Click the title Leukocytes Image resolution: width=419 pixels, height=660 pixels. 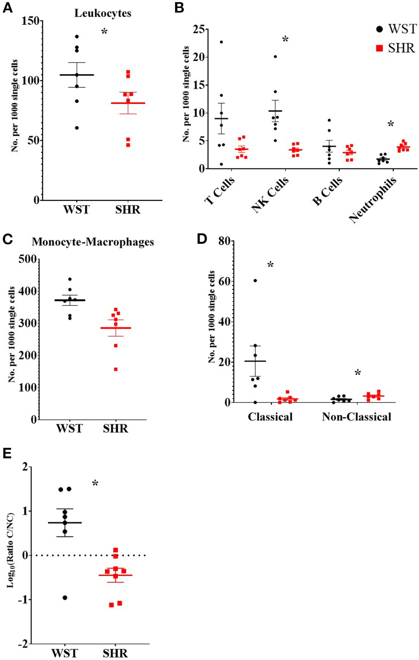coord(102,13)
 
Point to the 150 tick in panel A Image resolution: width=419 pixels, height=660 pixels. coord(31,21)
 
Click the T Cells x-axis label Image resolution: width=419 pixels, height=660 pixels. coord(219,191)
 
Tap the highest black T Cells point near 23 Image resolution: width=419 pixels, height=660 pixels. coord(221,42)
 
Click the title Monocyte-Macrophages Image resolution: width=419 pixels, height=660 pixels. coord(93,242)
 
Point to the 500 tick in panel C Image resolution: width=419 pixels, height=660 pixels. coord(27,259)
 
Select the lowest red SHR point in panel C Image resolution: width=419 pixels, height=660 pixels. coord(116,369)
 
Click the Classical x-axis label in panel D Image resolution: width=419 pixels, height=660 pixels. coord(270,417)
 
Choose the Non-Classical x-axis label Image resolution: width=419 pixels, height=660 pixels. coord(356,417)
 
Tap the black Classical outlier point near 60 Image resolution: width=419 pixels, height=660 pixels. coord(255,281)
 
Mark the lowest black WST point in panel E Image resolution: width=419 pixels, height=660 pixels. coord(65,598)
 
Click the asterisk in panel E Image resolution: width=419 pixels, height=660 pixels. coord(95,484)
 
